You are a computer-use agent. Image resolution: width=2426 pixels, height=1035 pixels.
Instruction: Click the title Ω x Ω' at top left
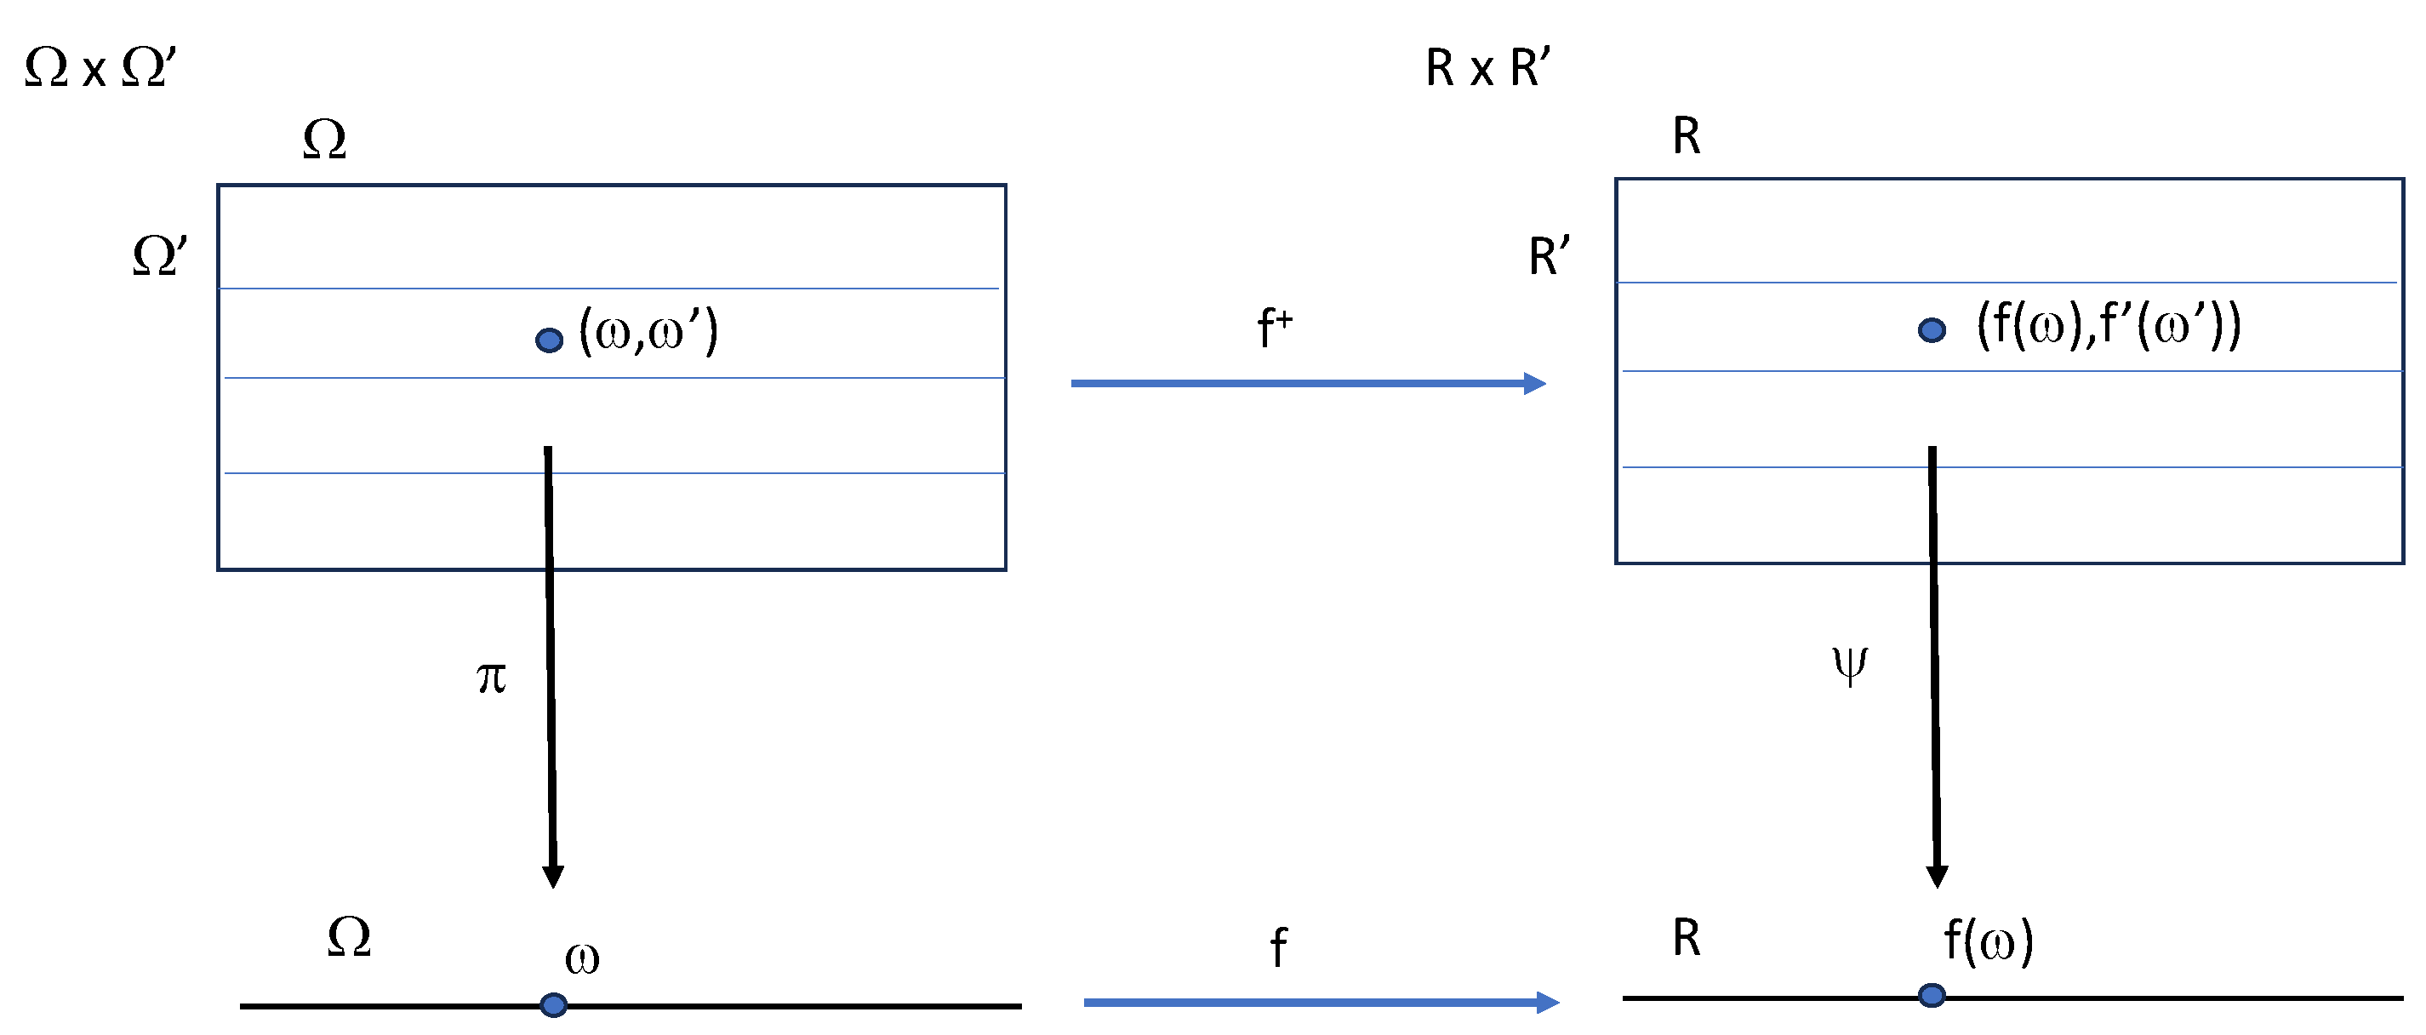[x=100, y=68]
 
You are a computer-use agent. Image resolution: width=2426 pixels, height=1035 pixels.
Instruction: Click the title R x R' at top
[x=1487, y=68]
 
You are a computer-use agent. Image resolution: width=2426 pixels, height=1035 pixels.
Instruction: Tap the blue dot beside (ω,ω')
[x=549, y=340]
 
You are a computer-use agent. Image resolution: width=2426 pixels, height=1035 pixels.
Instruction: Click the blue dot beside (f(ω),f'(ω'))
[x=1932, y=329]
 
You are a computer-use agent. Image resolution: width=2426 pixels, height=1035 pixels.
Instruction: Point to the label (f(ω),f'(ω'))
[x=2108, y=326]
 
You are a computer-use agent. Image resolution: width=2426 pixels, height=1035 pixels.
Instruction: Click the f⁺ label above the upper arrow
[x=1274, y=328]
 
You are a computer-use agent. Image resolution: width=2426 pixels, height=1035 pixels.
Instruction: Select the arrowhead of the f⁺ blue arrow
[x=1535, y=383]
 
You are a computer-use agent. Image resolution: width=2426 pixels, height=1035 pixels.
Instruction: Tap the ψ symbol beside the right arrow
[x=1850, y=664]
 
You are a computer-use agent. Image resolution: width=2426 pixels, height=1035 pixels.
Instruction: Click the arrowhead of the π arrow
[x=553, y=876]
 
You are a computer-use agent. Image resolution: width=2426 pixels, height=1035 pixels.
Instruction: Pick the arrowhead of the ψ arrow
[x=1938, y=876]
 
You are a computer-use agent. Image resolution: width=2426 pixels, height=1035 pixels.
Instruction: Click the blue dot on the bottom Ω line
[x=554, y=1005]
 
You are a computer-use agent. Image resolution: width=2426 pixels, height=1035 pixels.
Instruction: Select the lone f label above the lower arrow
[x=1278, y=946]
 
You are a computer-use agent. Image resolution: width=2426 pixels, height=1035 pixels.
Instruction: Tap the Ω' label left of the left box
[x=159, y=256]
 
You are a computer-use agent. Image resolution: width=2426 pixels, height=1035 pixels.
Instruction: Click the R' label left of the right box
[x=1549, y=256]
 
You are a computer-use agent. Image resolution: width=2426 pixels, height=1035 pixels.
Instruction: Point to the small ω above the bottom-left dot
[x=582, y=958]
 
